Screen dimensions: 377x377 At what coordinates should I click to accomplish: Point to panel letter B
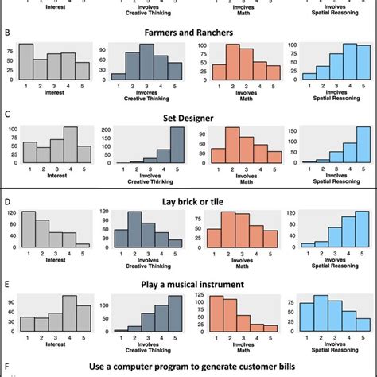pyautogui.click(x=7, y=33)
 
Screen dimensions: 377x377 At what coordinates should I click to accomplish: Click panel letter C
pyautogui.click(x=7, y=116)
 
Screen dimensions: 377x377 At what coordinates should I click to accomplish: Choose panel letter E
pyautogui.click(x=7, y=284)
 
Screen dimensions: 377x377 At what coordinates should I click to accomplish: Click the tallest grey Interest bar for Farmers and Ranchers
pyautogui.click(x=26, y=62)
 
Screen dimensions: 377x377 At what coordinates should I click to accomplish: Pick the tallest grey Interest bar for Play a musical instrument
pyautogui.click(x=69, y=313)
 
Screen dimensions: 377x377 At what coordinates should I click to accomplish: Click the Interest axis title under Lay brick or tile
pyautogui.click(x=55, y=259)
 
